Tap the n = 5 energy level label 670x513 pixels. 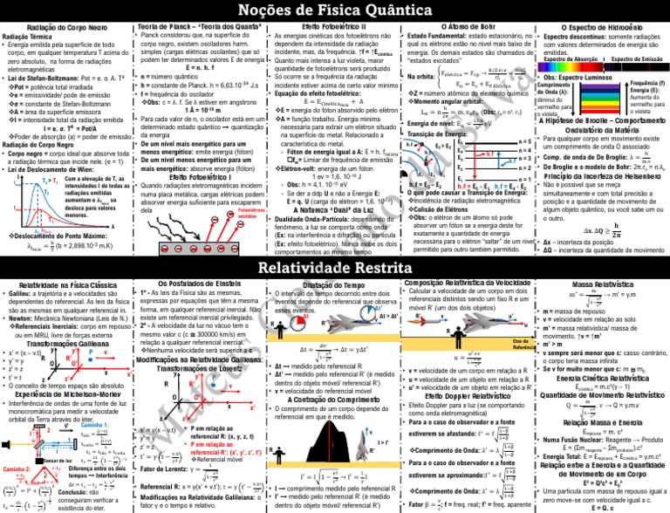(522, 140)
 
